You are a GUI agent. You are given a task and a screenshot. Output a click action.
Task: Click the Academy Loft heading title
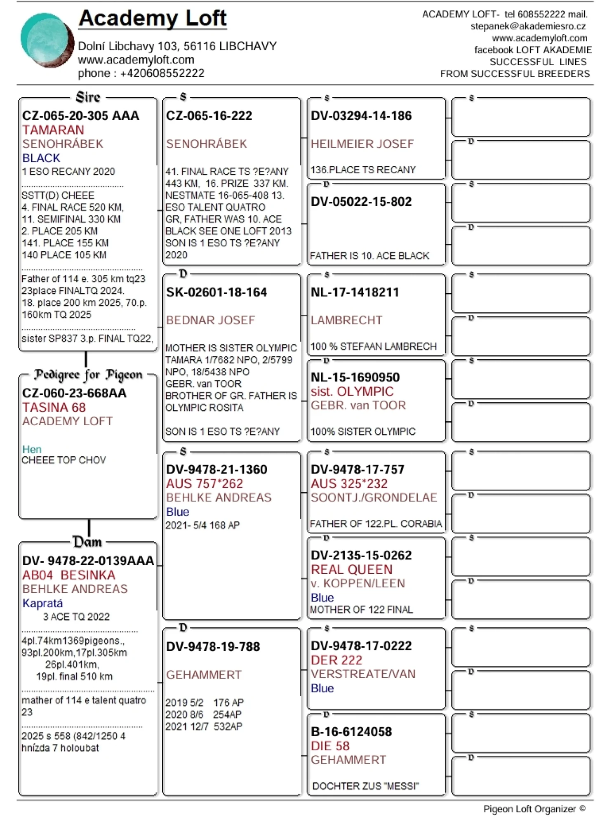click(153, 19)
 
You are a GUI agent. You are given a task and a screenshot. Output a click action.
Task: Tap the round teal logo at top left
click(47, 40)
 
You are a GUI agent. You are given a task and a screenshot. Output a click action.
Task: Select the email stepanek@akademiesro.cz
click(528, 26)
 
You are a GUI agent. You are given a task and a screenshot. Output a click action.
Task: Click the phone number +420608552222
click(162, 73)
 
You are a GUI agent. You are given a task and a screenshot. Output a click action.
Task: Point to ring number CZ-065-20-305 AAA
click(81, 116)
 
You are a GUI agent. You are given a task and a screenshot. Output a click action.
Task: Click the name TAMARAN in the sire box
click(53, 130)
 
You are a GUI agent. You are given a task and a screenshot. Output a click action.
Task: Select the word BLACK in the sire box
click(41, 158)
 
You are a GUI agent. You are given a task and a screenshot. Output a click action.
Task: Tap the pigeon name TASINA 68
click(54, 408)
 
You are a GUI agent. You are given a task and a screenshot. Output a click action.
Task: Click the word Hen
click(32, 449)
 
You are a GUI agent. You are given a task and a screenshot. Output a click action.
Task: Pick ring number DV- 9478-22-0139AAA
click(88, 561)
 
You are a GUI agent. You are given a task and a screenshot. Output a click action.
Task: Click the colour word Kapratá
click(42, 603)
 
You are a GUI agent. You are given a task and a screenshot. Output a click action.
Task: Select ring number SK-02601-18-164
click(216, 292)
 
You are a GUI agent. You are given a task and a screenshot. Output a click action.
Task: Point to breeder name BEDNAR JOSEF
click(210, 320)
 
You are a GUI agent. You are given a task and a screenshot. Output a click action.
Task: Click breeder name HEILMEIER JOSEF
click(362, 144)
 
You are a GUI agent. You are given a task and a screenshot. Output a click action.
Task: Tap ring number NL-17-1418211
click(355, 292)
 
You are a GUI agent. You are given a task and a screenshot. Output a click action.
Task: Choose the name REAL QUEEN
click(352, 570)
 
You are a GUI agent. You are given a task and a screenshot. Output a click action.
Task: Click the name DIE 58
click(330, 746)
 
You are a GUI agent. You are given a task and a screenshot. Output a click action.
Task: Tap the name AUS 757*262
click(205, 483)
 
